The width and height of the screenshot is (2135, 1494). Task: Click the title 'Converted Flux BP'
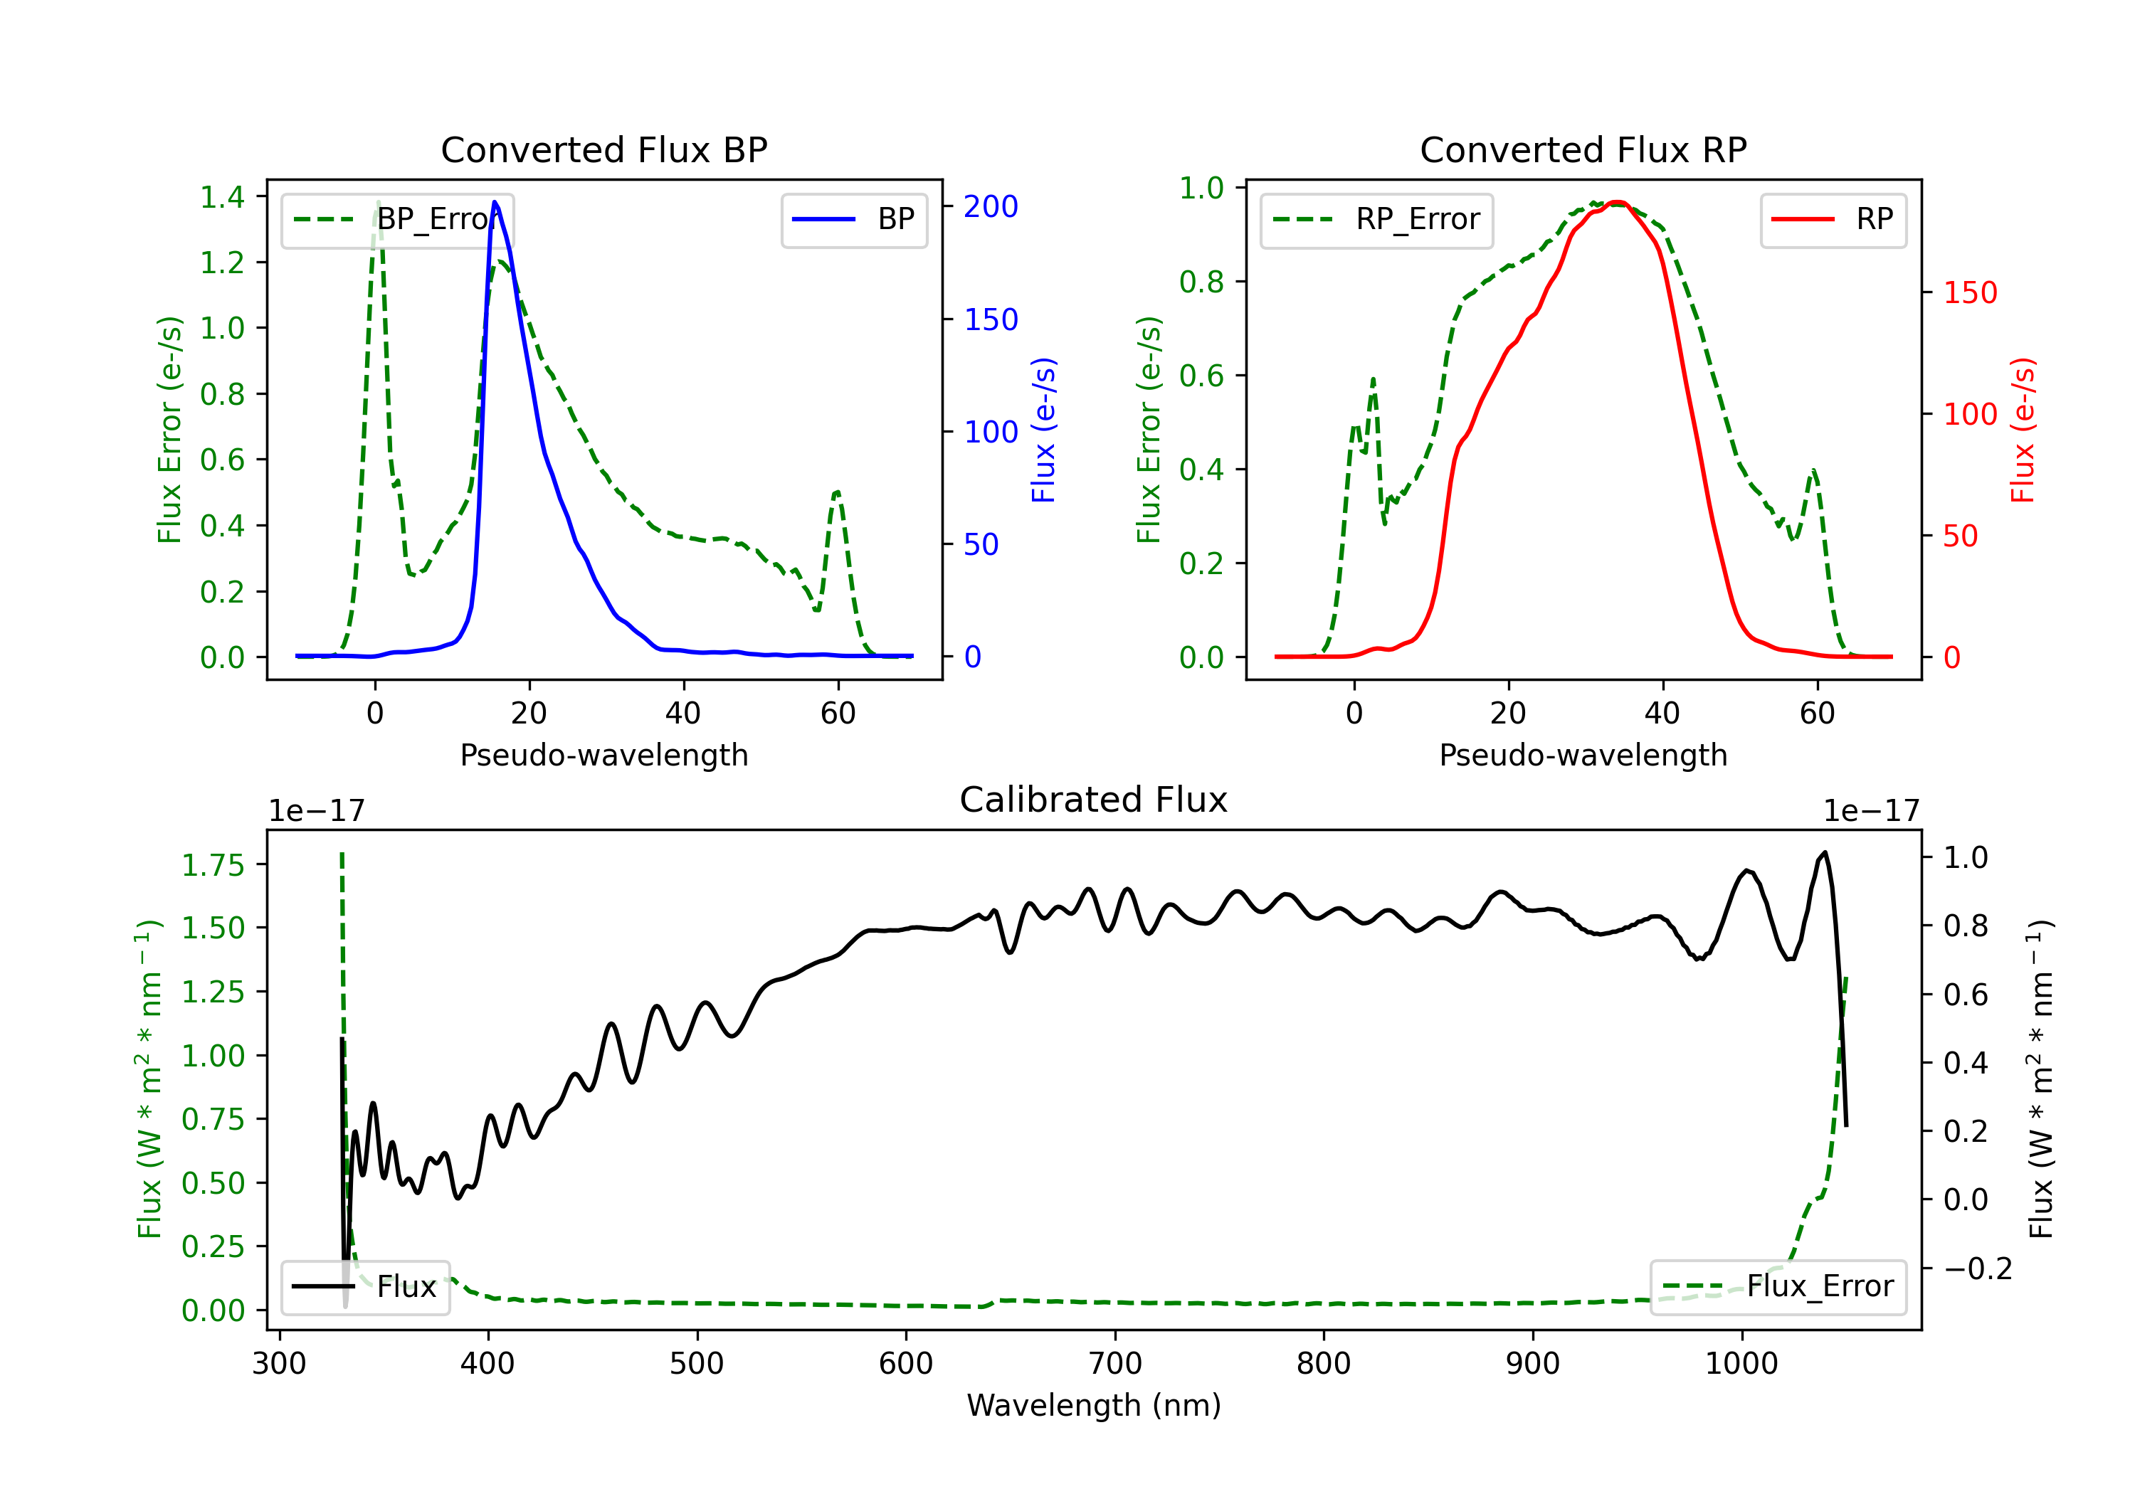[603, 149]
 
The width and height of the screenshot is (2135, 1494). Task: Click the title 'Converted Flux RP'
[1583, 149]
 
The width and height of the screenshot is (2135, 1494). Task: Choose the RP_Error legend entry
[1376, 219]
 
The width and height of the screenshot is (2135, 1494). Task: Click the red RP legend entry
[1833, 219]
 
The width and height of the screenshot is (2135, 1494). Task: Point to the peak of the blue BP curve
[495, 202]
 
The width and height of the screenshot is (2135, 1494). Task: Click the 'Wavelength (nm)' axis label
[1094, 1405]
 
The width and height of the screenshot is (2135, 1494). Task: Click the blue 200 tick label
[991, 206]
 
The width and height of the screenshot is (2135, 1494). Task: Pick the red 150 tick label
[1969, 293]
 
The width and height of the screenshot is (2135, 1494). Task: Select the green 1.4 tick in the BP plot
[222, 197]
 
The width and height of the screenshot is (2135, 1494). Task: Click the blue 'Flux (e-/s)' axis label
[1043, 430]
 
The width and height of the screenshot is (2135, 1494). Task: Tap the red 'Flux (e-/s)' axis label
[2023, 430]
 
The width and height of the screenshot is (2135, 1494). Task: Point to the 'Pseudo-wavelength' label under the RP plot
[1583, 755]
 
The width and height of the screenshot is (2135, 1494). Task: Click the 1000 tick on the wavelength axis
[1741, 1363]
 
